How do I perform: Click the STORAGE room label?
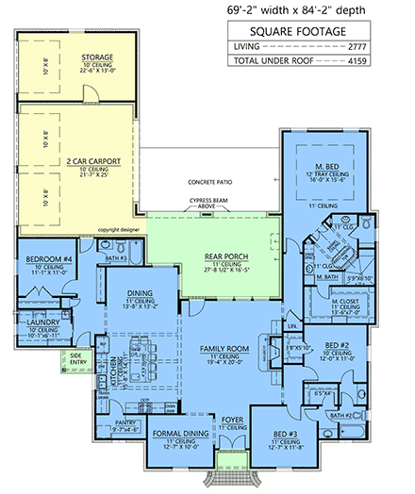coord(98,58)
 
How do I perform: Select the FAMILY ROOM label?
coord(224,348)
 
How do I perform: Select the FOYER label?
coord(232,416)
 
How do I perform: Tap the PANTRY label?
coord(126,422)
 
